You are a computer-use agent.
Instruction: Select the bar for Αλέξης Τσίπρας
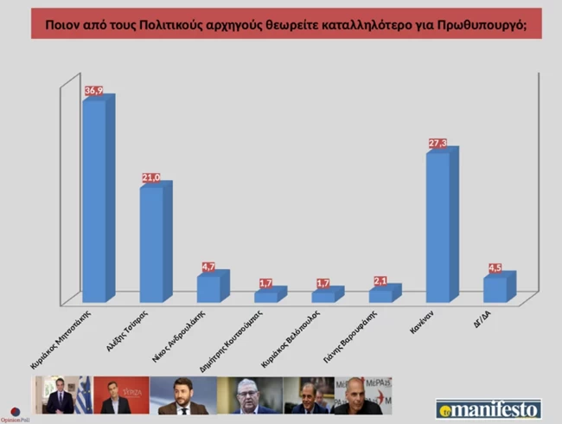151,243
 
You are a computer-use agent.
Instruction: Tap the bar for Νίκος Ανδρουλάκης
208,288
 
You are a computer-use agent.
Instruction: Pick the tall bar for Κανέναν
437,226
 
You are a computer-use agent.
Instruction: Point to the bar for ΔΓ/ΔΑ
495,289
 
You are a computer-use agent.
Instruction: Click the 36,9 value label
94,90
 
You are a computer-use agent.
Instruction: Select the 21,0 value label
151,177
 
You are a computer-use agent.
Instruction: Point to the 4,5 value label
494,267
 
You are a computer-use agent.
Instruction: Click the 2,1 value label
380,280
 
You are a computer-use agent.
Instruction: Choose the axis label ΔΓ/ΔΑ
492,319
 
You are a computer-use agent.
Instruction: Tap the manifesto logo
489,408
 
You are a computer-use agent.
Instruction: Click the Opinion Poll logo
16,413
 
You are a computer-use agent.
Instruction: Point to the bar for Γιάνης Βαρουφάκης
380,295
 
